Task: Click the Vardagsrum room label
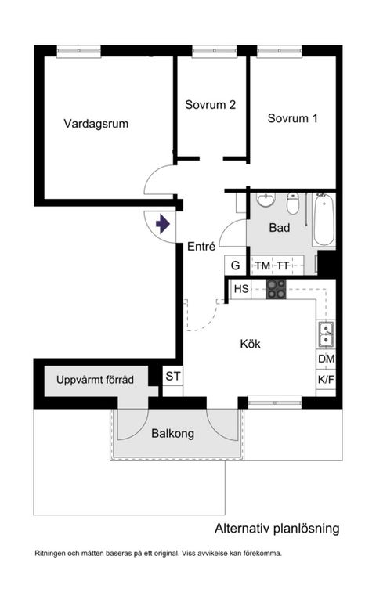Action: click(96, 123)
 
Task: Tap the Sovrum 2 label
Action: click(211, 104)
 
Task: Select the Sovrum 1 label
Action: click(292, 119)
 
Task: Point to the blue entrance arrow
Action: click(162, 225)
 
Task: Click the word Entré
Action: click(201, 246)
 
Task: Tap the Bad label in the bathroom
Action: click(280, 228)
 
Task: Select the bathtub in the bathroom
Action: click(324, 220)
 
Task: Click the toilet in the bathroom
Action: click(293, 204)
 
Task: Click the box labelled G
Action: click(234, 265)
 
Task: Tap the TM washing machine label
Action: click(262, 266)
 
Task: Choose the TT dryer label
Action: click(283, 266)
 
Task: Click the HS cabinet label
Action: click(241, 289)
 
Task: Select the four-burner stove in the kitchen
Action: click(276, 289)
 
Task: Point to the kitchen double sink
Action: click(326, 334)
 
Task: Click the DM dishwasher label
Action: click(326, 359)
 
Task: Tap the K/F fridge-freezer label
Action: click(326, 380)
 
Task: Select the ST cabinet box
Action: click(172, 376)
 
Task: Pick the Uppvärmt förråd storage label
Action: click(95, 381)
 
